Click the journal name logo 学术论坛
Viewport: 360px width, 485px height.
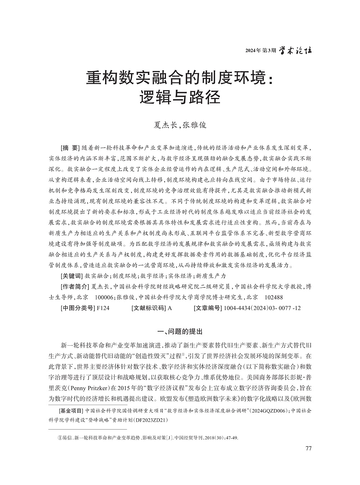pos(296,50)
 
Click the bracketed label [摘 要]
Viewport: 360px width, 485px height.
pos(70,148)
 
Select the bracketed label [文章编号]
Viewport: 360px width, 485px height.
pos(208,308)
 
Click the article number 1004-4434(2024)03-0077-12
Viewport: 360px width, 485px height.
pos(262,308)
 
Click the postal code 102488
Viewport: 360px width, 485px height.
pos(274,297)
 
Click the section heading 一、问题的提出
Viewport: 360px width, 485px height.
pos(180,332)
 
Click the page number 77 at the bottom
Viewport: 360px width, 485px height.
pos(308,448)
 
